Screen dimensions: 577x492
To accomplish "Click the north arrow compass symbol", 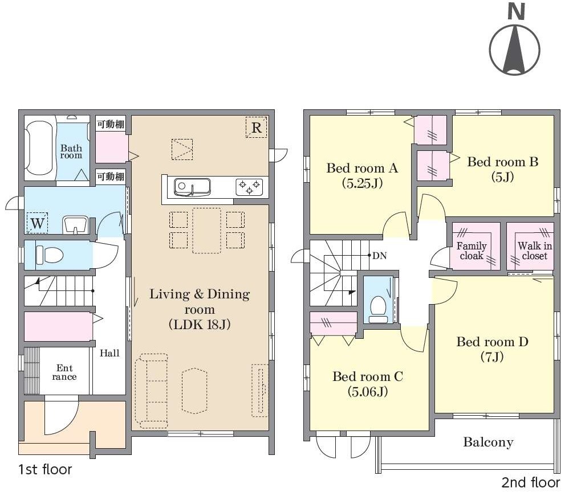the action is (515, 40).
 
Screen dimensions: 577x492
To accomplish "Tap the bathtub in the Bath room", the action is (40, 148).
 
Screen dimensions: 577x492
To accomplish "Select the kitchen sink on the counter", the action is (192, 187).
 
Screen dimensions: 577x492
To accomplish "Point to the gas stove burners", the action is (249, 187).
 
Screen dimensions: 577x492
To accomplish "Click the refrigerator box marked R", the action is (256, 127).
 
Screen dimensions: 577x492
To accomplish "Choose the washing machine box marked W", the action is (38, 223).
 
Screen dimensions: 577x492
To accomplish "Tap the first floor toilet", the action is (50, 255).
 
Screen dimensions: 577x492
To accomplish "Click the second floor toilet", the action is (378, 309).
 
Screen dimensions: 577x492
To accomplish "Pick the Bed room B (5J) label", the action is (503, 169).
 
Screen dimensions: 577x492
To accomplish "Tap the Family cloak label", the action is (472, 251).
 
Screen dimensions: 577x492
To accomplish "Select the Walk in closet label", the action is (535, 251).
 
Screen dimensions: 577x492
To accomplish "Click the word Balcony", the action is (488, 442).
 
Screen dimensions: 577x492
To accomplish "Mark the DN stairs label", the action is (379, 255).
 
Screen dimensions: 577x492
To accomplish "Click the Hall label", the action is (109, 353).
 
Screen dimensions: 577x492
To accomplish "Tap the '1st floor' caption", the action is (45, 469).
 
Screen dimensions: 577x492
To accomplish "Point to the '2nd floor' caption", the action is (531, 482).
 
